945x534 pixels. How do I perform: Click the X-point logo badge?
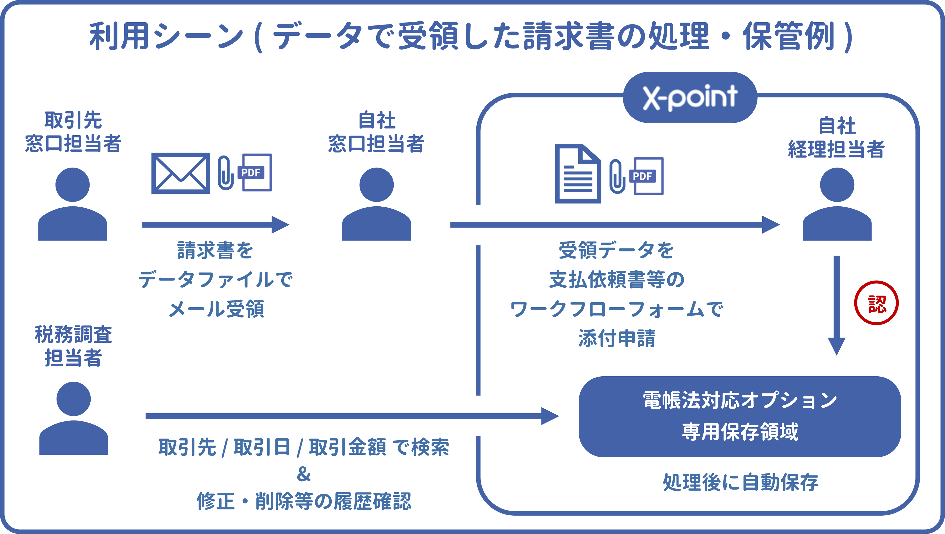point(690,97)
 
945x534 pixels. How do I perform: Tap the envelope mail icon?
point(181,173)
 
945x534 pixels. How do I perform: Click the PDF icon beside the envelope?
point(256,172)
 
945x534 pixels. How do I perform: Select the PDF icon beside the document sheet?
point(647,176)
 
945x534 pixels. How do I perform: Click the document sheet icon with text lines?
point(578,174)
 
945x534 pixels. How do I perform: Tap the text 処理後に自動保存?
point(740,482)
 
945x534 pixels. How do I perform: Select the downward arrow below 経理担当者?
point(836,305)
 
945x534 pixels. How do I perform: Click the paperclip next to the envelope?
point(225,173)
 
